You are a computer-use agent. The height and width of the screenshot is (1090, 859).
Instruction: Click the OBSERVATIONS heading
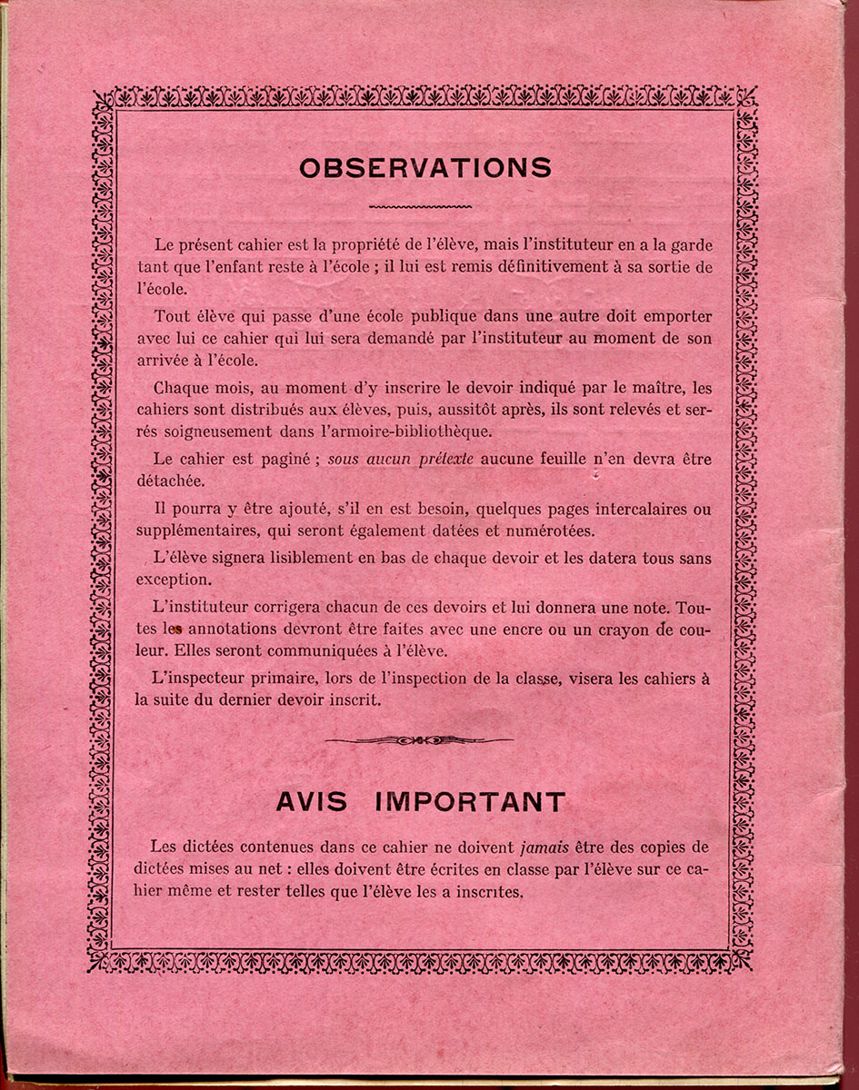[425, 168]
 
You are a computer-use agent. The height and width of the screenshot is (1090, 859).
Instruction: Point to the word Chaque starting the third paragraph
[181, 388]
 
